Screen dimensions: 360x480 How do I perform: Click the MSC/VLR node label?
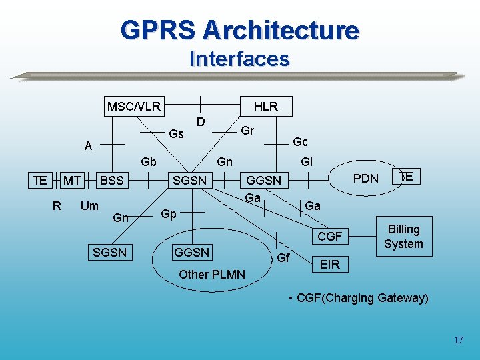pos(133,106)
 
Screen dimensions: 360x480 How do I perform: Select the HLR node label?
pos(265,106)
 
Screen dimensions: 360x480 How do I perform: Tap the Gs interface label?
pos(176,134)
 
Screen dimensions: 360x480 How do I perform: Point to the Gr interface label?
pos(247,130)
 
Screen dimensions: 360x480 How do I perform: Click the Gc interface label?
pos(300,142)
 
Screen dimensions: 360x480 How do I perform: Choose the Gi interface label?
pos(307,161)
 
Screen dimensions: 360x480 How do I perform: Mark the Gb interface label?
pos(149,162)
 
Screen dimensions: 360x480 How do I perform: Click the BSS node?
pos(111,180)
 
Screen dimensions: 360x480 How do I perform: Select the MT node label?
pos(72,180)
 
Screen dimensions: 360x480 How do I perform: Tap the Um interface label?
pos(89,206)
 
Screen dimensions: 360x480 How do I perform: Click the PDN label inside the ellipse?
pos(365,178)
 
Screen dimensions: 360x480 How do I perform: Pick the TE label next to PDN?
pos(406,176)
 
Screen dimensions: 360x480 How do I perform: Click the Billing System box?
pos(403,237)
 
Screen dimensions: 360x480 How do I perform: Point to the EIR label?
pos(329,265)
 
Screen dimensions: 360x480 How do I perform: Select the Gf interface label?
pos(283,257)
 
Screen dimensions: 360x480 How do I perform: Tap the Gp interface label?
pos(169,214)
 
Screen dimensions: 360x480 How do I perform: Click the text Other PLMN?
pos(212,275)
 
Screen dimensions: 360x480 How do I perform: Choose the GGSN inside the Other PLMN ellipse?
pos(191,252)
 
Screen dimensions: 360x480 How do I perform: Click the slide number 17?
pos(458,340)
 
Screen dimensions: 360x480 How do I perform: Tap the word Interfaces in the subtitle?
pos(239,59)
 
